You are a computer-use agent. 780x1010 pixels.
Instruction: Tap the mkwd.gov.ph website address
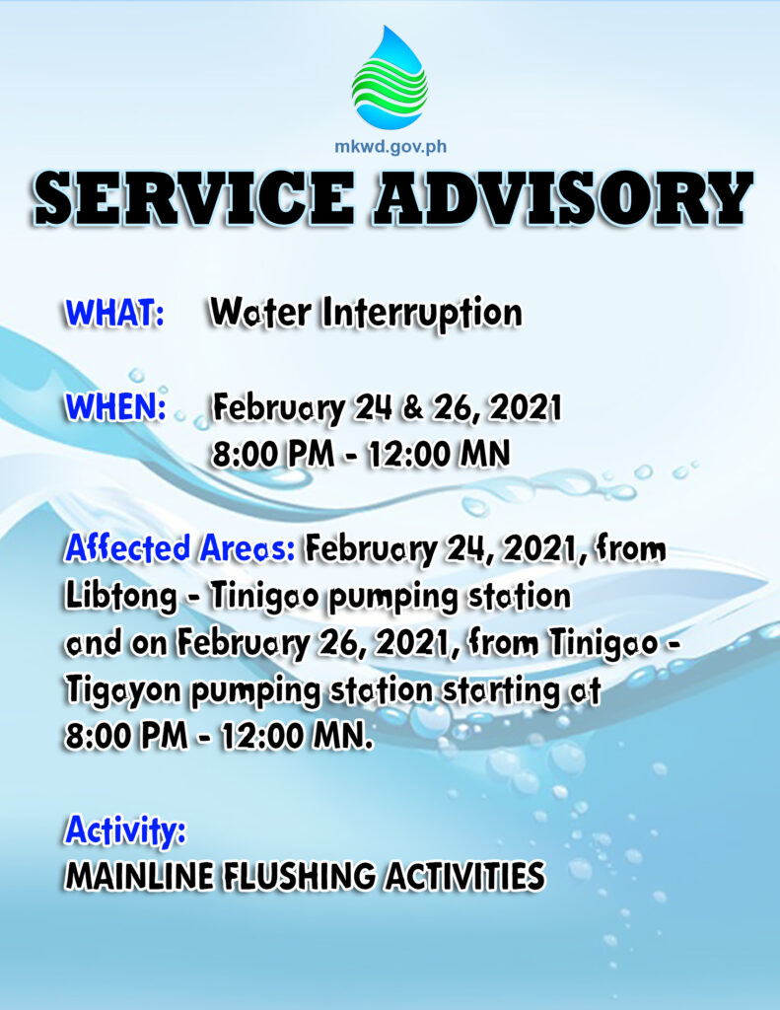click(x=390, y=147)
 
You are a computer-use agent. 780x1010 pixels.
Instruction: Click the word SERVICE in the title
click(x=194, y=197)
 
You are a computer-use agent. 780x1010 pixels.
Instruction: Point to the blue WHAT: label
click(x=114, y=313)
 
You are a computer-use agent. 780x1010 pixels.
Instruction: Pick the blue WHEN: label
click(x=115, y=407)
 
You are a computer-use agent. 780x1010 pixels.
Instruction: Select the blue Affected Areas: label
click(x=179, y=548)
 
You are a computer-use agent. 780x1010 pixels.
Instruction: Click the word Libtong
click(x=121, y=598)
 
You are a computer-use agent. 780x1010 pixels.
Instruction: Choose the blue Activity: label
click(x=125, y=830)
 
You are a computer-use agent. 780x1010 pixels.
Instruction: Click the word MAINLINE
click(x=139, y=877)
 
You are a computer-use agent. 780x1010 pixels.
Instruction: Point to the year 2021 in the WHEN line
click(x=525, y=408)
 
